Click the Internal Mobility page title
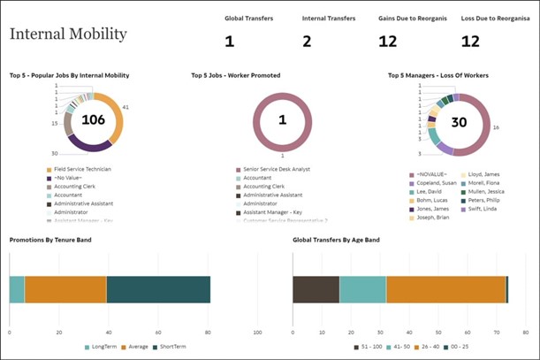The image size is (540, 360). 68,34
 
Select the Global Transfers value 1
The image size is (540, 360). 229,41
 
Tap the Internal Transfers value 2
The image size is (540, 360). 307,41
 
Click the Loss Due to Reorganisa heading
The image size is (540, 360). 495,18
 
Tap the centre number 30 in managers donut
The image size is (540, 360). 459,123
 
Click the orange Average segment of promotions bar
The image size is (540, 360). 65,289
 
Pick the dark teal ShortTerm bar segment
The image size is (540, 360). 158,289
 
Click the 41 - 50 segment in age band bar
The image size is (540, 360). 362,289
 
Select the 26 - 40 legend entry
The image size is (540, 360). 424,346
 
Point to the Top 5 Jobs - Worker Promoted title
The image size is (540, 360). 235,76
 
